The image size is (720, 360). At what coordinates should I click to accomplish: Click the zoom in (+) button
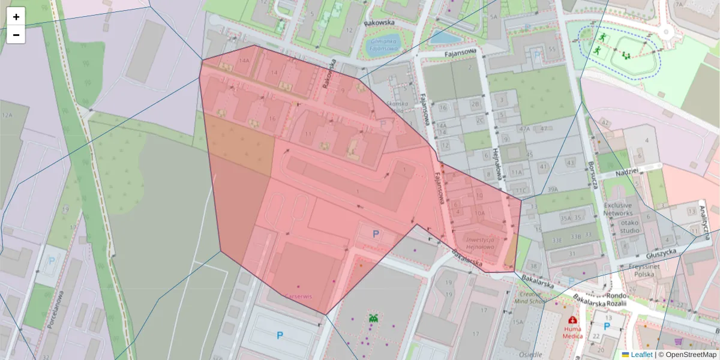[16, 17]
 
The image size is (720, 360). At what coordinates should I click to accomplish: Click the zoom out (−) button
[16, 35]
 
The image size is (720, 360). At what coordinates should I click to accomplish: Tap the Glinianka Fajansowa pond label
[385, 44]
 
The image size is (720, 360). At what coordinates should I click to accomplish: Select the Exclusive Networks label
[618, 209]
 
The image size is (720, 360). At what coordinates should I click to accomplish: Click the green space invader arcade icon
[373, 319]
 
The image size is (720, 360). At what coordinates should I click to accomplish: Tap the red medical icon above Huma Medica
[572, 320]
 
